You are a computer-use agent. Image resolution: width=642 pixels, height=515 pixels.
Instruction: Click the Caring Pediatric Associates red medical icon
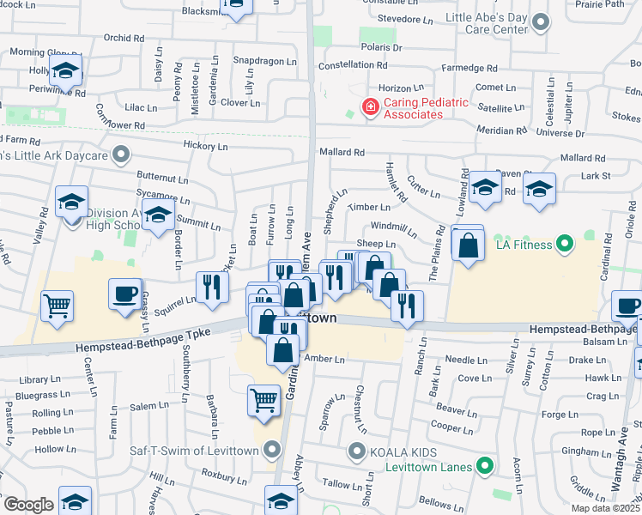(x=370, y=107)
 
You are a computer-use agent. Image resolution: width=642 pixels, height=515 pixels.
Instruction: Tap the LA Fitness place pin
(x=564, y=245)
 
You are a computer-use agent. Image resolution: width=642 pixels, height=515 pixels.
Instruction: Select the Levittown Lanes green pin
(x=485, y=466)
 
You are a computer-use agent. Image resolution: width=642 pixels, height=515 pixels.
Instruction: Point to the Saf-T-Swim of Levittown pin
(x=273, y=449)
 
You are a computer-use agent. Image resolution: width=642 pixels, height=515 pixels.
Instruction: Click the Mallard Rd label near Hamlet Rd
(x=342, y=152)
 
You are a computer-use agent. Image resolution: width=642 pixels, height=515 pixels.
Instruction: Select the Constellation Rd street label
(x=353, y=65)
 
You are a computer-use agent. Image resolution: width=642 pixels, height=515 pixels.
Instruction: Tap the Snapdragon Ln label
(x=267, y=61)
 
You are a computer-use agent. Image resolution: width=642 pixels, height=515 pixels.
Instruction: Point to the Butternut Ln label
(x=162, y=179)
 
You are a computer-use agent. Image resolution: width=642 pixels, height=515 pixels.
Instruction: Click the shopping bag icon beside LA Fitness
(x=469, y=245)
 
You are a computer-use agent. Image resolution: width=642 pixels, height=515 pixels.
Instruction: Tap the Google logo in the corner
(x=27, y=504)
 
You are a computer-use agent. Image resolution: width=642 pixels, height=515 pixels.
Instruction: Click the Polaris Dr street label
(x=381, y=48)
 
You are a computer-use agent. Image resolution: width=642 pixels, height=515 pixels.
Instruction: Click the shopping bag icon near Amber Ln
(x=283, y=350)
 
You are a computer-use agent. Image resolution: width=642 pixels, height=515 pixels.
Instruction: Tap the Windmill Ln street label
(x=396, y=230)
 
